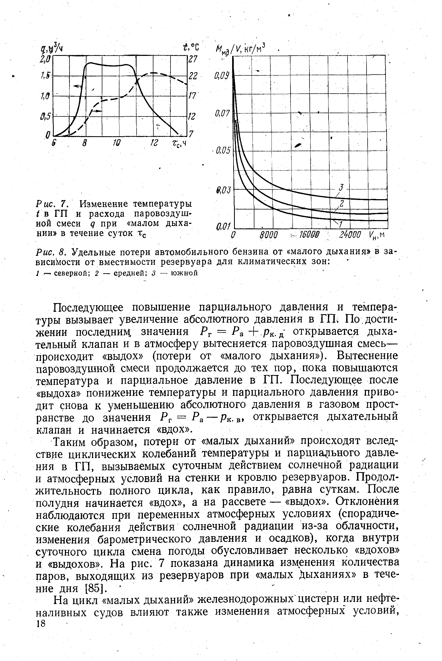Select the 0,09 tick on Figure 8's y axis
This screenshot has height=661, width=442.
[222, 76]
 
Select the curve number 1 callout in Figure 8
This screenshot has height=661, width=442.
[340, 224]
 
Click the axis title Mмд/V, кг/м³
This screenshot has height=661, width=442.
[241, 49]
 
